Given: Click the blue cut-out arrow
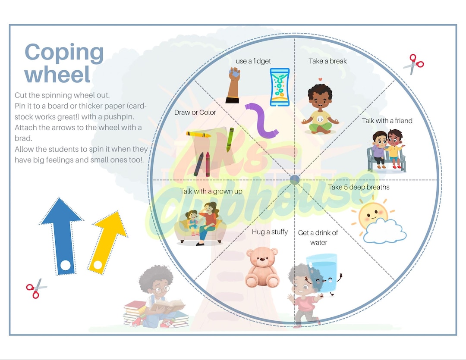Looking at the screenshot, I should tap(62, 233).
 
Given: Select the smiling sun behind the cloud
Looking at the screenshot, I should tap(372, 214).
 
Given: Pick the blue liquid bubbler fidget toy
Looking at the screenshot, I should tap(280, 87).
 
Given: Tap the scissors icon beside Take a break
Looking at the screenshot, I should tap(413, 64).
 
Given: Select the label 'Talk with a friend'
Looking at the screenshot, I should tap(387, 121).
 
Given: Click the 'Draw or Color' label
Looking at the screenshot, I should tap(195, 113).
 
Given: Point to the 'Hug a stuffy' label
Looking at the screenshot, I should tap(270, 232).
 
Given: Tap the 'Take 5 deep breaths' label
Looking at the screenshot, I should tap(359, 187).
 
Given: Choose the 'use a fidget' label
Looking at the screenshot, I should tap(253, 61).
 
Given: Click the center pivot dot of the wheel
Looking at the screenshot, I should tap(295, 179).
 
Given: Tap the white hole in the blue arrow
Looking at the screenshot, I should tap(65, 266).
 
